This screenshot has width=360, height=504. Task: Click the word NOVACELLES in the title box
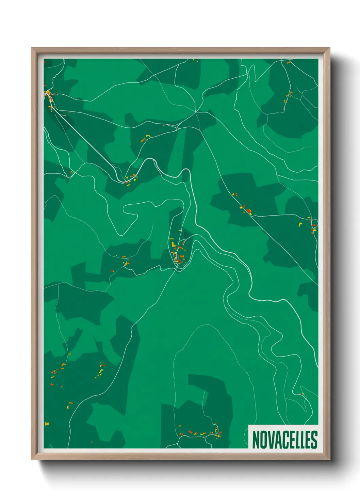[284, 440]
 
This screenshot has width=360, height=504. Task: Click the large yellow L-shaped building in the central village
[173, 245]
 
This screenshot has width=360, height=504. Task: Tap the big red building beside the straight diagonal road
[249, 212]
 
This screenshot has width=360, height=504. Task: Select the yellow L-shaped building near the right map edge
[300, 224]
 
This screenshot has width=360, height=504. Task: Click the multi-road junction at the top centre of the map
[196, 111]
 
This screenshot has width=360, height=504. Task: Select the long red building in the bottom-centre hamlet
[191, 432]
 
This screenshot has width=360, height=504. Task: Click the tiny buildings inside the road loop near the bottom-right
[303, 394]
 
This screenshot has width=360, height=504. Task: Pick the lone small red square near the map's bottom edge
[92, 442]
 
